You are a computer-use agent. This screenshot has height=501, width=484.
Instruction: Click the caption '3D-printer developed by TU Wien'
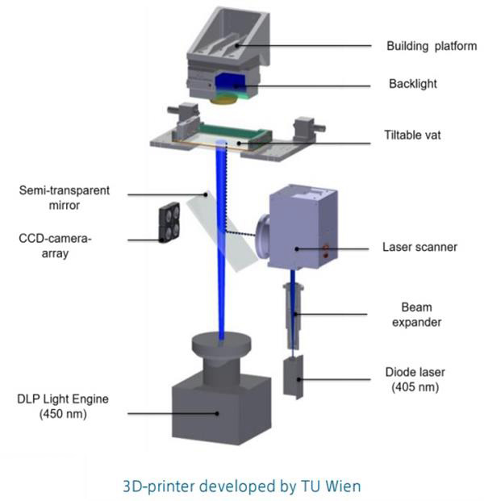coord(242,482)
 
